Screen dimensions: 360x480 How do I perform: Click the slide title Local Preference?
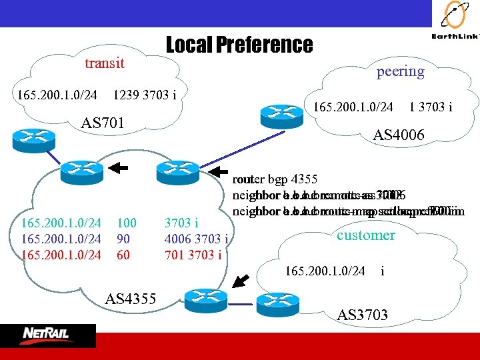pyautogui.click(x=239, y=45)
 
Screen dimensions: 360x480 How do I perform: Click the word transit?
pyautogui.click(x=104, y=63)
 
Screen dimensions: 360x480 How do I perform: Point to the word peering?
pyautogui.click(x=400, y=71)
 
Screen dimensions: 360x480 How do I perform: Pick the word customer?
pyautogui.click(x=365, y=235)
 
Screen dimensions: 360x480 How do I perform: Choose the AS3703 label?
pyautogui.click(x=363, y=315)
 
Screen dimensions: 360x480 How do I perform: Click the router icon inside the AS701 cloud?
pyautogui.click(x=29, y=137)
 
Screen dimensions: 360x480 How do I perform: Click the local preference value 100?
pyautogui.click(x=126, y=222)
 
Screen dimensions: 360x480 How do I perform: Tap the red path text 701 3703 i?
pyautogui.click(x=193, y=254)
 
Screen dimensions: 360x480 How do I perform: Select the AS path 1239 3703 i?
pyautogui.click(x=145, y=95)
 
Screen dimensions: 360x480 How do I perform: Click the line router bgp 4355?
pyautogui.click(x=275, y=179)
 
